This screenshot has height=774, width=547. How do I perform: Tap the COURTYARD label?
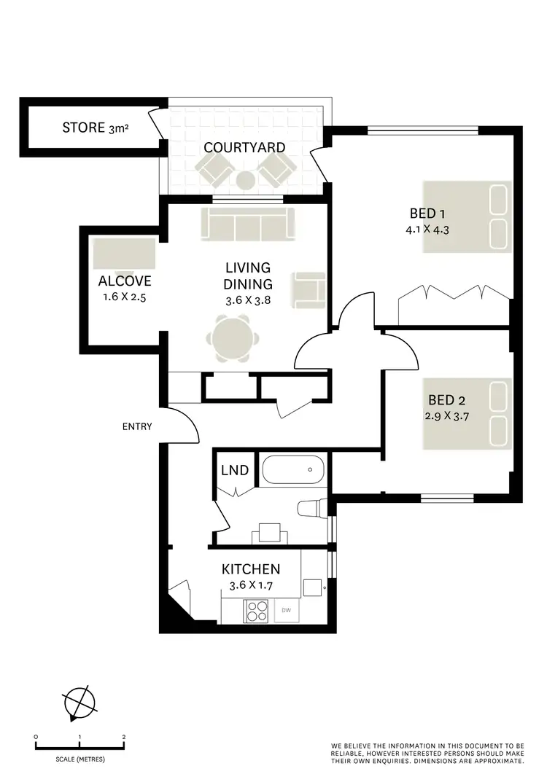[244, 147]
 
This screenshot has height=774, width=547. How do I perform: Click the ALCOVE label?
[125, 281]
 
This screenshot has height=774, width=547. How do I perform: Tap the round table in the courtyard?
[245, 179]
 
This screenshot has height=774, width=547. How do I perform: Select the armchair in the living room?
[308, 289]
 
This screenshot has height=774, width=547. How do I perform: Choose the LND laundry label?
[234, 471]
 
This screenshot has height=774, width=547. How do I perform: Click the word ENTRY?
[137, 426]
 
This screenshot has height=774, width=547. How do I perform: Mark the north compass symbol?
[79, 703]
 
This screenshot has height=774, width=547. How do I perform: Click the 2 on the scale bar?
[124, 737]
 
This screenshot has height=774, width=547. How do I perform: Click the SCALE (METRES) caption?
[79, 759]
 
